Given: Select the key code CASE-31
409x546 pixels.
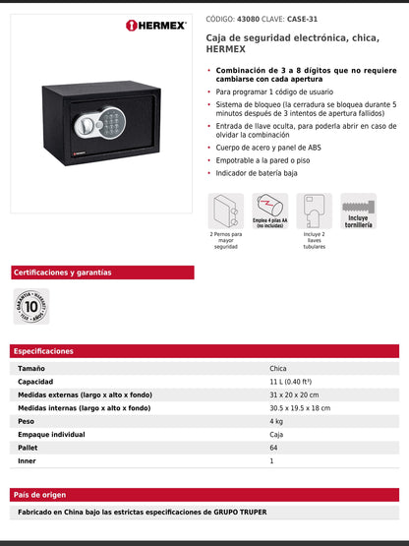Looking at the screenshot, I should (x=306, y=18).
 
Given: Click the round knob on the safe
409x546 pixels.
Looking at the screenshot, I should (x=88, y=128).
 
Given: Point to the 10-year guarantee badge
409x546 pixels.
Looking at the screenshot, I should (x=31, y=306).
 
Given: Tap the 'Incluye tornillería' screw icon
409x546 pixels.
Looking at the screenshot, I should (x=359, y=210).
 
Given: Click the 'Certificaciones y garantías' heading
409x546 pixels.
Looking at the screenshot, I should (x=63, y=273).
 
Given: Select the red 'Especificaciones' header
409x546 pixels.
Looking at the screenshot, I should (x=44, y=351).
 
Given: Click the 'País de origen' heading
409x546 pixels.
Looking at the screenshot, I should (x=40, y=495).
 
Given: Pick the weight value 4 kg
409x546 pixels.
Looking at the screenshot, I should (x=276, y=421).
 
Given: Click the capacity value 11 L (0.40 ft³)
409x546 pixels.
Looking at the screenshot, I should (x=291, y=381).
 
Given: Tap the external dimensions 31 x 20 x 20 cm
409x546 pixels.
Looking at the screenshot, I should (x=294, y=394).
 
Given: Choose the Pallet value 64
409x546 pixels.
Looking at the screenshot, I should (x=273, y=448).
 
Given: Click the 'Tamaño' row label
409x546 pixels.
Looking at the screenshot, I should (x=31, y=368).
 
